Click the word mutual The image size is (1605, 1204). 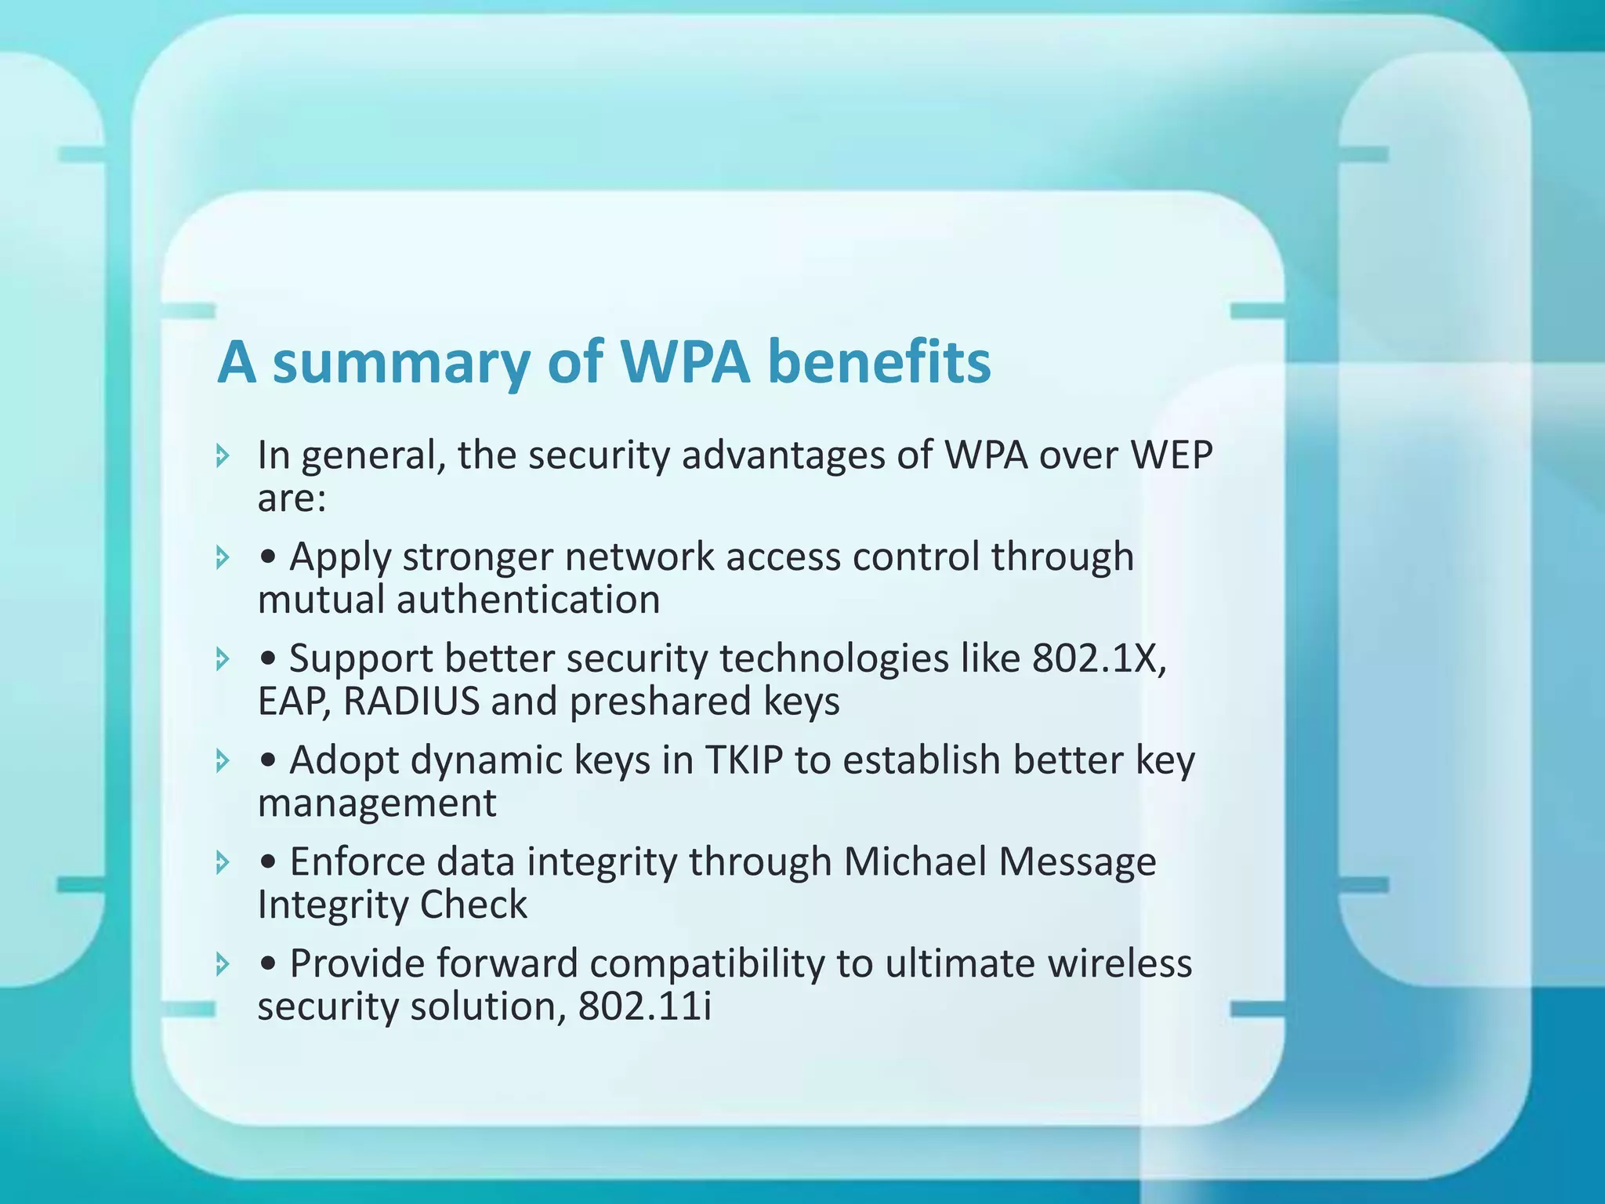point(321,600)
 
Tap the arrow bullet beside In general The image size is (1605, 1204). point(223,455)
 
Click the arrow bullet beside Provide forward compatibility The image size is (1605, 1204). point(223,964)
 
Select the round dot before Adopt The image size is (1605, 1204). point(269,761)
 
